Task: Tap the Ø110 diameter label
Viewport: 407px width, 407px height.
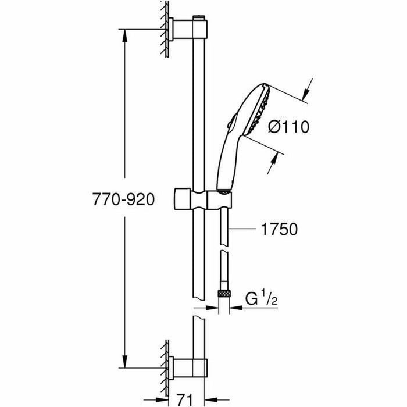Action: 289,126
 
